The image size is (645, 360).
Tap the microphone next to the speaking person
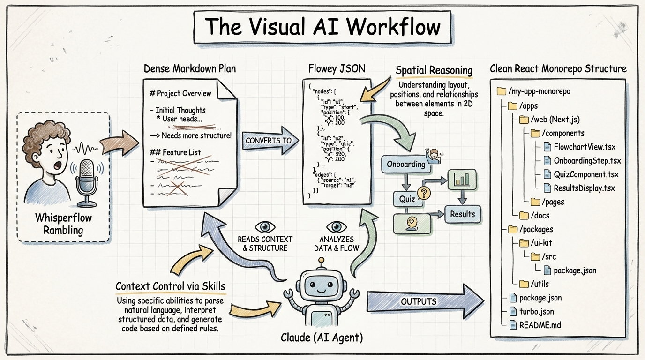[x=88, y=181]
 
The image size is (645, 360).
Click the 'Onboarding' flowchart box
[x=406, y=164]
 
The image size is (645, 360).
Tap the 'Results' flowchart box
[x=462, y=214]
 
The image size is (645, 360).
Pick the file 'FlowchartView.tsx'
[x=584, y=147]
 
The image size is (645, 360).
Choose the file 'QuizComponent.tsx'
[x=585, y=174]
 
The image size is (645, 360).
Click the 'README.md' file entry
[x=540, y=325]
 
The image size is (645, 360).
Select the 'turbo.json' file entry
[x=536, y=311]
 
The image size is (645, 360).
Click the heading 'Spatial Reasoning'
[x=434, y=71]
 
